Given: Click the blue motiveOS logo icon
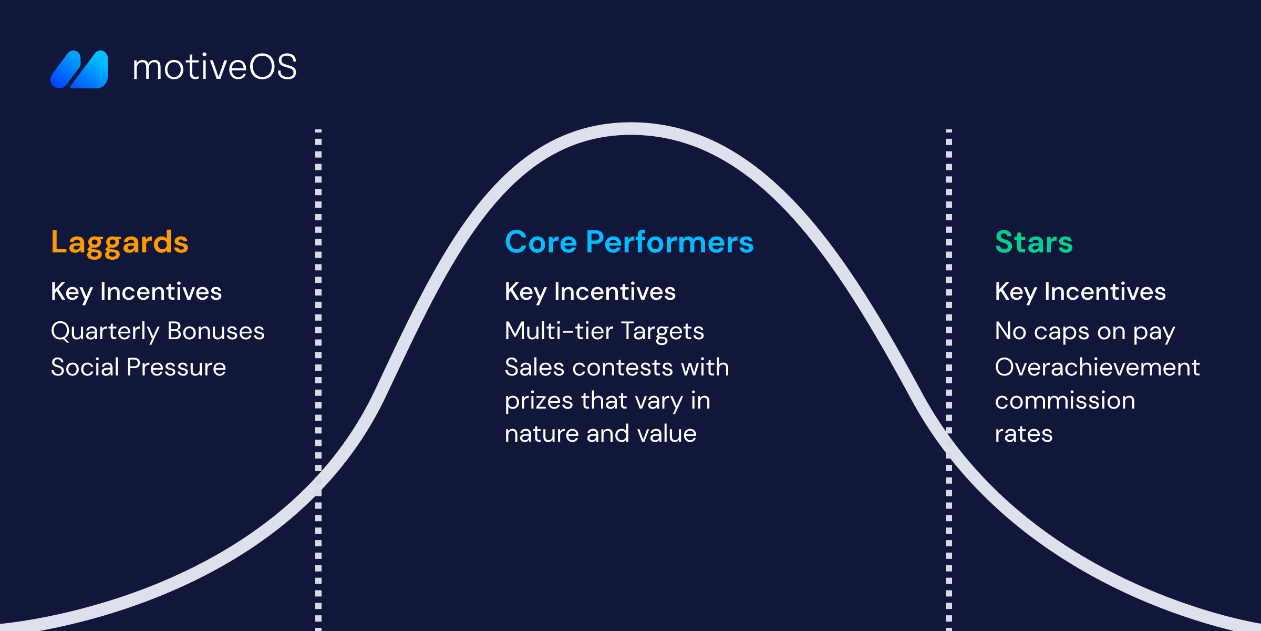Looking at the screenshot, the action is [x=79, y=69].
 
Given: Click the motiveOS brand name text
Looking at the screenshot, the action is [x=214, y=67].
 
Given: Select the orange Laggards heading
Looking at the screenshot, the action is [x=119, y=243].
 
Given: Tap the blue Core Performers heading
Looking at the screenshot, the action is [x=629, y=242].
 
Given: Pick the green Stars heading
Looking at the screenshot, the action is [x=1033, y=242].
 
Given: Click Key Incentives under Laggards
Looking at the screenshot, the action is [x=136, y=292].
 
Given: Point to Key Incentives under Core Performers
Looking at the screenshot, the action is [x=590, y=292].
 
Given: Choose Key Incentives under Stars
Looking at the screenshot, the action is [x=1080, y=292].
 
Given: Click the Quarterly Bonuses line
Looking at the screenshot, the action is [x=158, y=332].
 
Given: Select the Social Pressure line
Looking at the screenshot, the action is [x=138, y=367].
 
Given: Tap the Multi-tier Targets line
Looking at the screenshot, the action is [x=604, y=331].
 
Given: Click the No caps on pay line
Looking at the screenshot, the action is [x=1085, y=332].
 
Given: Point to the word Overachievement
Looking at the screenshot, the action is [x=1098, y=367].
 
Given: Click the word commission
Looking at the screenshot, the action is [x=1065, y=401].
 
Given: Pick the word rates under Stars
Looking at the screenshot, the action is [x=1024, y=434].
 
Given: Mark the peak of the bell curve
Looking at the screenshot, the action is [x=630, y=129].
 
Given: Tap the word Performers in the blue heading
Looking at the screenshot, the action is [x=670, y=242].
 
